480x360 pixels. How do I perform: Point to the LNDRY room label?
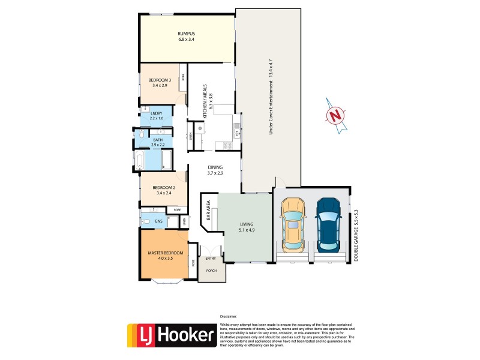pyautogui.click(x=156, y=114)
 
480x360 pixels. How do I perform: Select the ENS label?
pyautogui.click(x=158, y=222)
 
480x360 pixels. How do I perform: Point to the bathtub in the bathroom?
pyautogui.click(x=139, y=160)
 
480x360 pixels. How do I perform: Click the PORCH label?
pyautogui.click(x=212, y=271)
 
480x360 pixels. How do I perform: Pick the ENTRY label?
pyautogui.click(x=211, y=259)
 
